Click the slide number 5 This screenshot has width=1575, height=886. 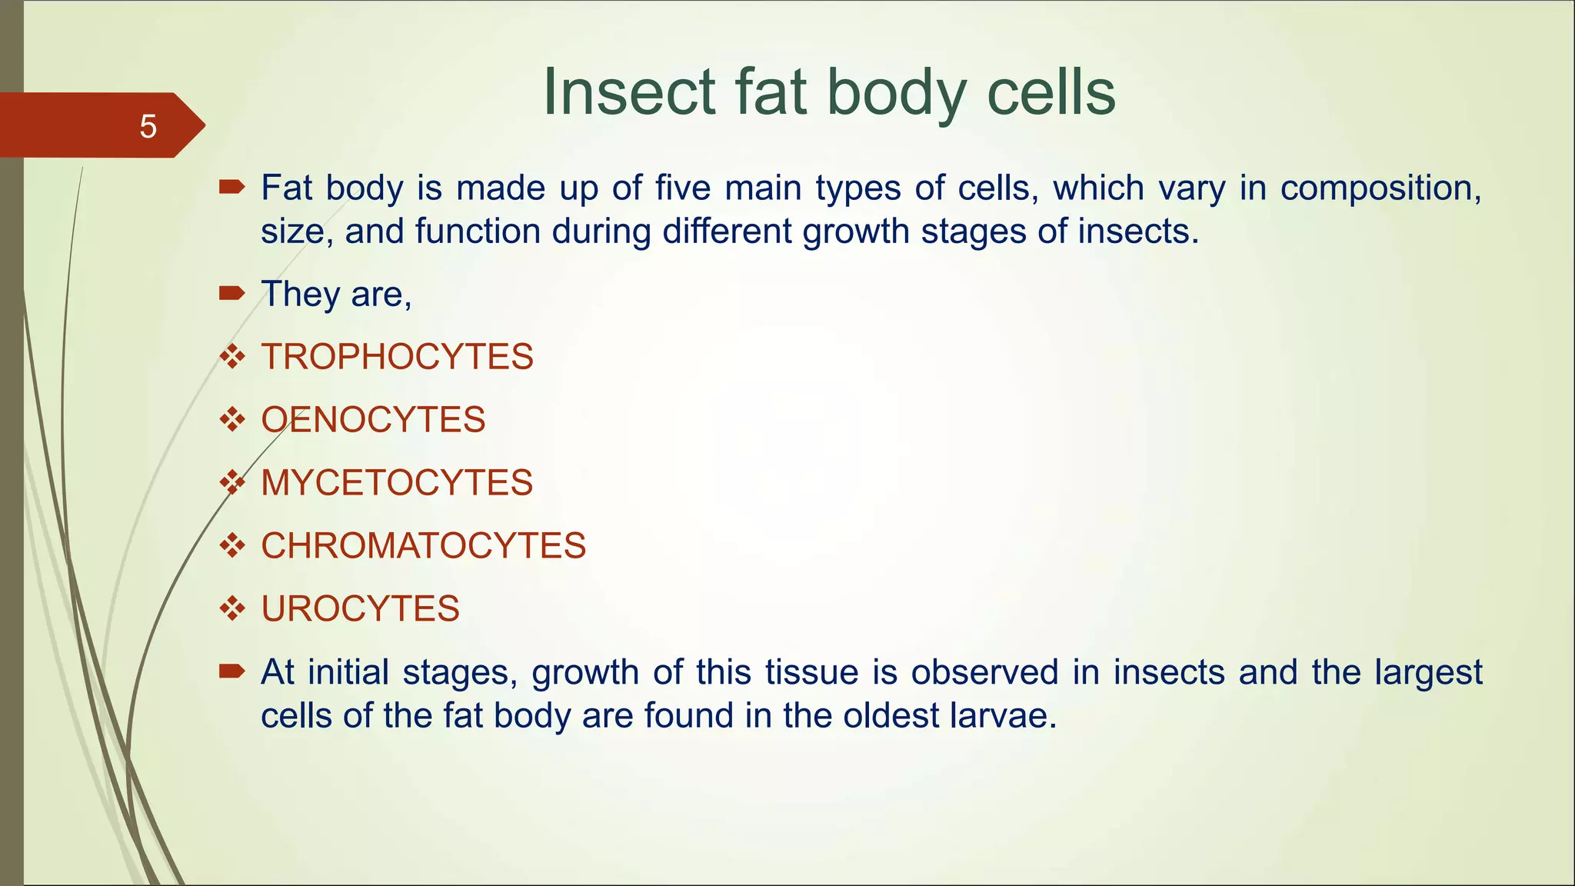coord(148,126)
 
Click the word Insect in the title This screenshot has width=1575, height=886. coord(630,92)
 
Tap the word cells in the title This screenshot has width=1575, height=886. coord(1051,92)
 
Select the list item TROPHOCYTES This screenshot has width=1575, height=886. coord(397,357)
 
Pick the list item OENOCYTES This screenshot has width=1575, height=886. coord(373,420)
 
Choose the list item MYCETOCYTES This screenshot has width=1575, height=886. coord(397,483)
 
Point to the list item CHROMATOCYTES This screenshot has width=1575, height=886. coord(423,546)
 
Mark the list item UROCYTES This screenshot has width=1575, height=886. coord(360,609)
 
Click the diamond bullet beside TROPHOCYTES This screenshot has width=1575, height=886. coord(231,356)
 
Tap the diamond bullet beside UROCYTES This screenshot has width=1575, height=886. coord(231,608)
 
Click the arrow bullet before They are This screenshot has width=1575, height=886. coord(231,292)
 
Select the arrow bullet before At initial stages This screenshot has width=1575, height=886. coord(231,671)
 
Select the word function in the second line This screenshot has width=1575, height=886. coord(478,231)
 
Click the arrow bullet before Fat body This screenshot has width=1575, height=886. coord(231,186)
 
